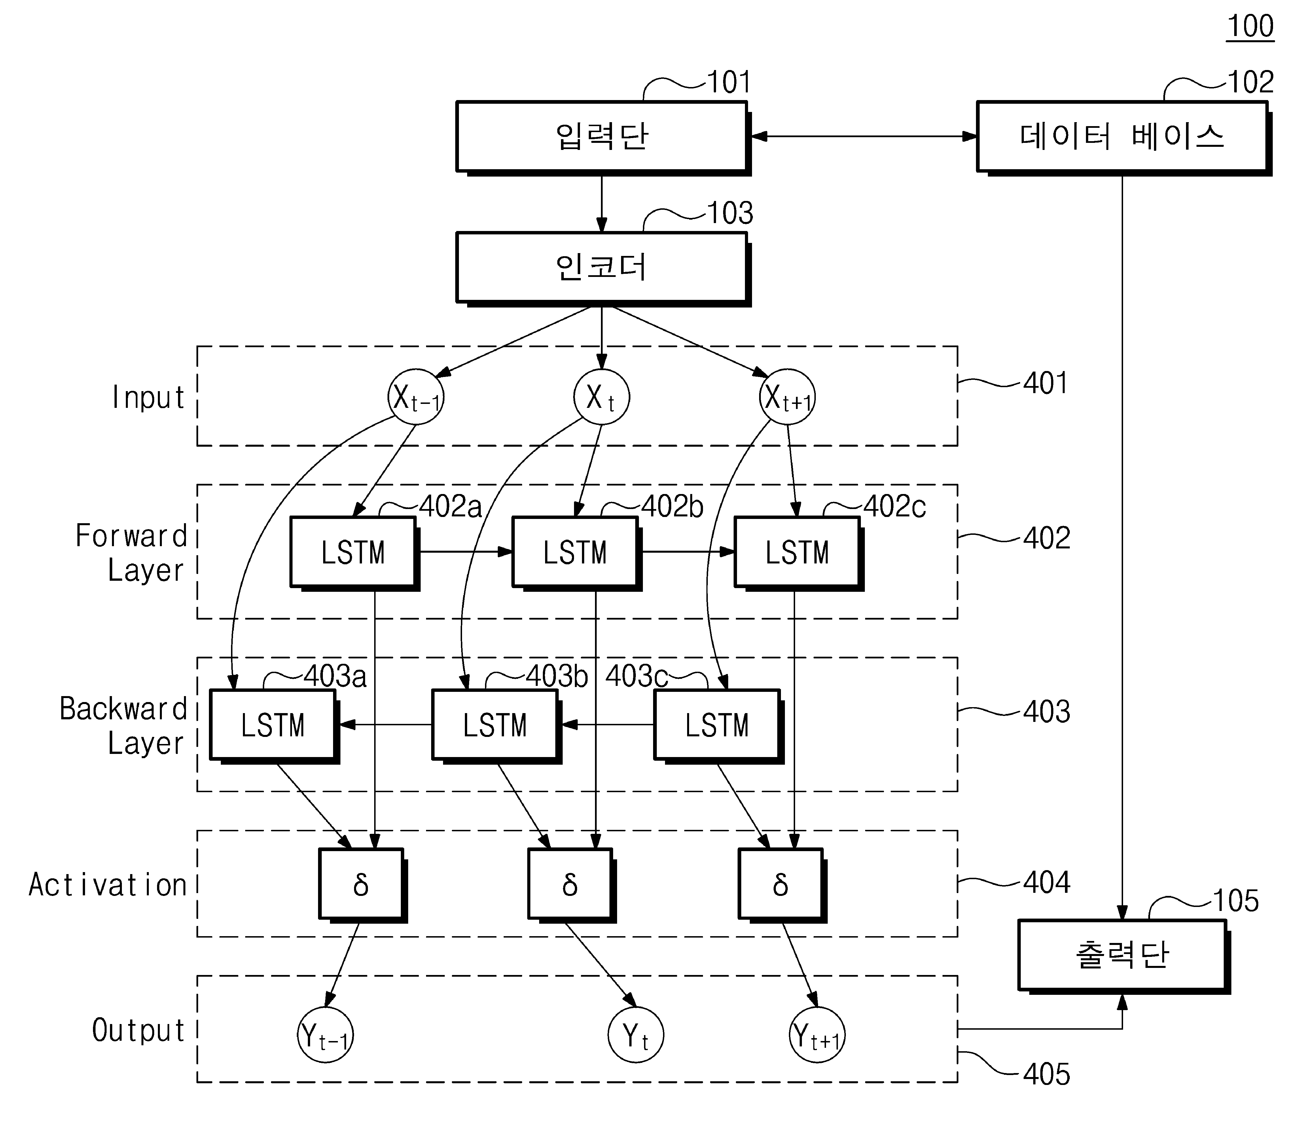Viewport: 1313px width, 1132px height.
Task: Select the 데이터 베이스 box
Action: coord(1124,137)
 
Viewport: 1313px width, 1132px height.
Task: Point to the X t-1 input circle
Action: coord(416,397)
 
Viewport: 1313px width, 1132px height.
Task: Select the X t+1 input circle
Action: coord(787,397)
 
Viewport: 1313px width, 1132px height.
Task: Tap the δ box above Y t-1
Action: coord(363,886)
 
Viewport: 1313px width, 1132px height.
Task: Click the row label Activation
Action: coord(108,885)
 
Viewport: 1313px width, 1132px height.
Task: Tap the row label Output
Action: coord(139,1031)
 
